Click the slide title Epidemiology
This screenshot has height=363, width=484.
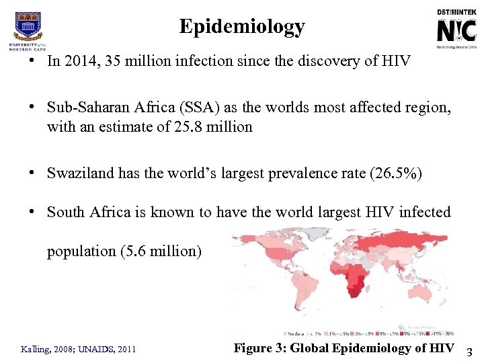[x=242, y=27]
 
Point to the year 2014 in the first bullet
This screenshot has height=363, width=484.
[x=79, y=61]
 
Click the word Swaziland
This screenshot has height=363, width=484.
[x=80, y=173]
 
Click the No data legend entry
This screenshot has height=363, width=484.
[x=293, y=333]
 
